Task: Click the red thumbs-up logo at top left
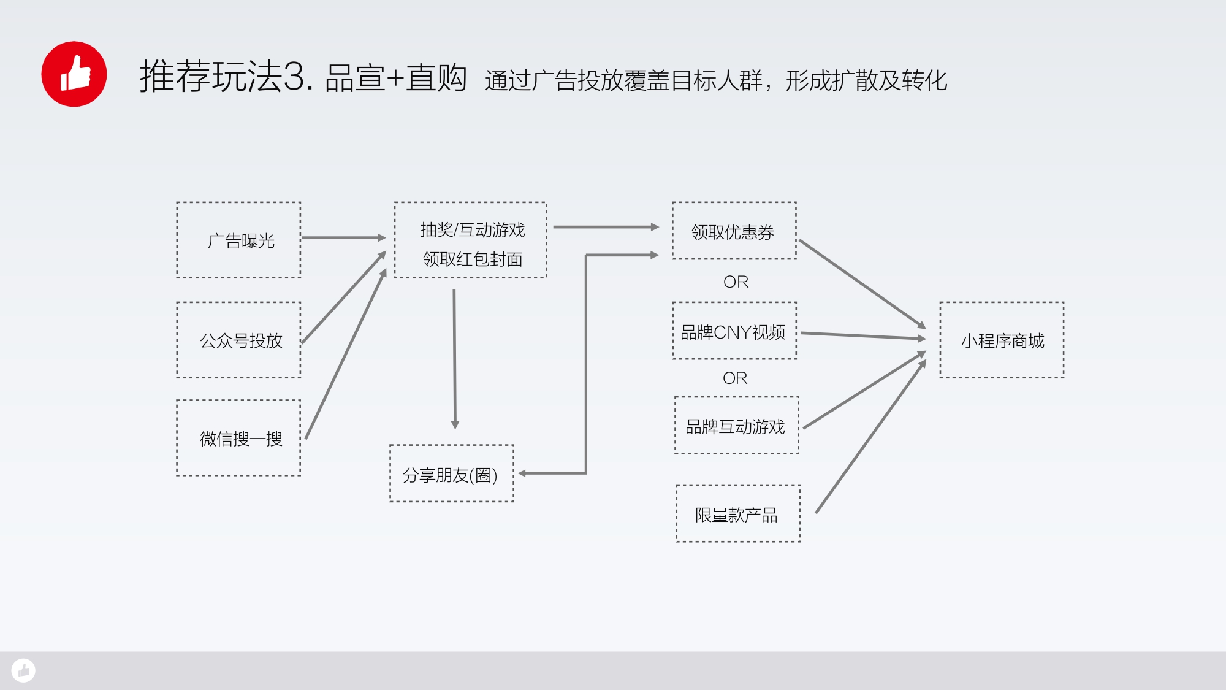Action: [x=74, y=74]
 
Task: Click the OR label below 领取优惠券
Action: [x=736, y=282]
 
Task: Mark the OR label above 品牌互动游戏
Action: [x=735, y=378]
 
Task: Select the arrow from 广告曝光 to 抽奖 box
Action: [x=344, y=237]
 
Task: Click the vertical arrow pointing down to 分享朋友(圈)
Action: [x=454, y=359]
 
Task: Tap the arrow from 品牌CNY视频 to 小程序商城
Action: [x=863, y=335]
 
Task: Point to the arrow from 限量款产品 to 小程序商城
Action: [x=870, y=436]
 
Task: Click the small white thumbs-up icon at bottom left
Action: [x=23, y=670]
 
